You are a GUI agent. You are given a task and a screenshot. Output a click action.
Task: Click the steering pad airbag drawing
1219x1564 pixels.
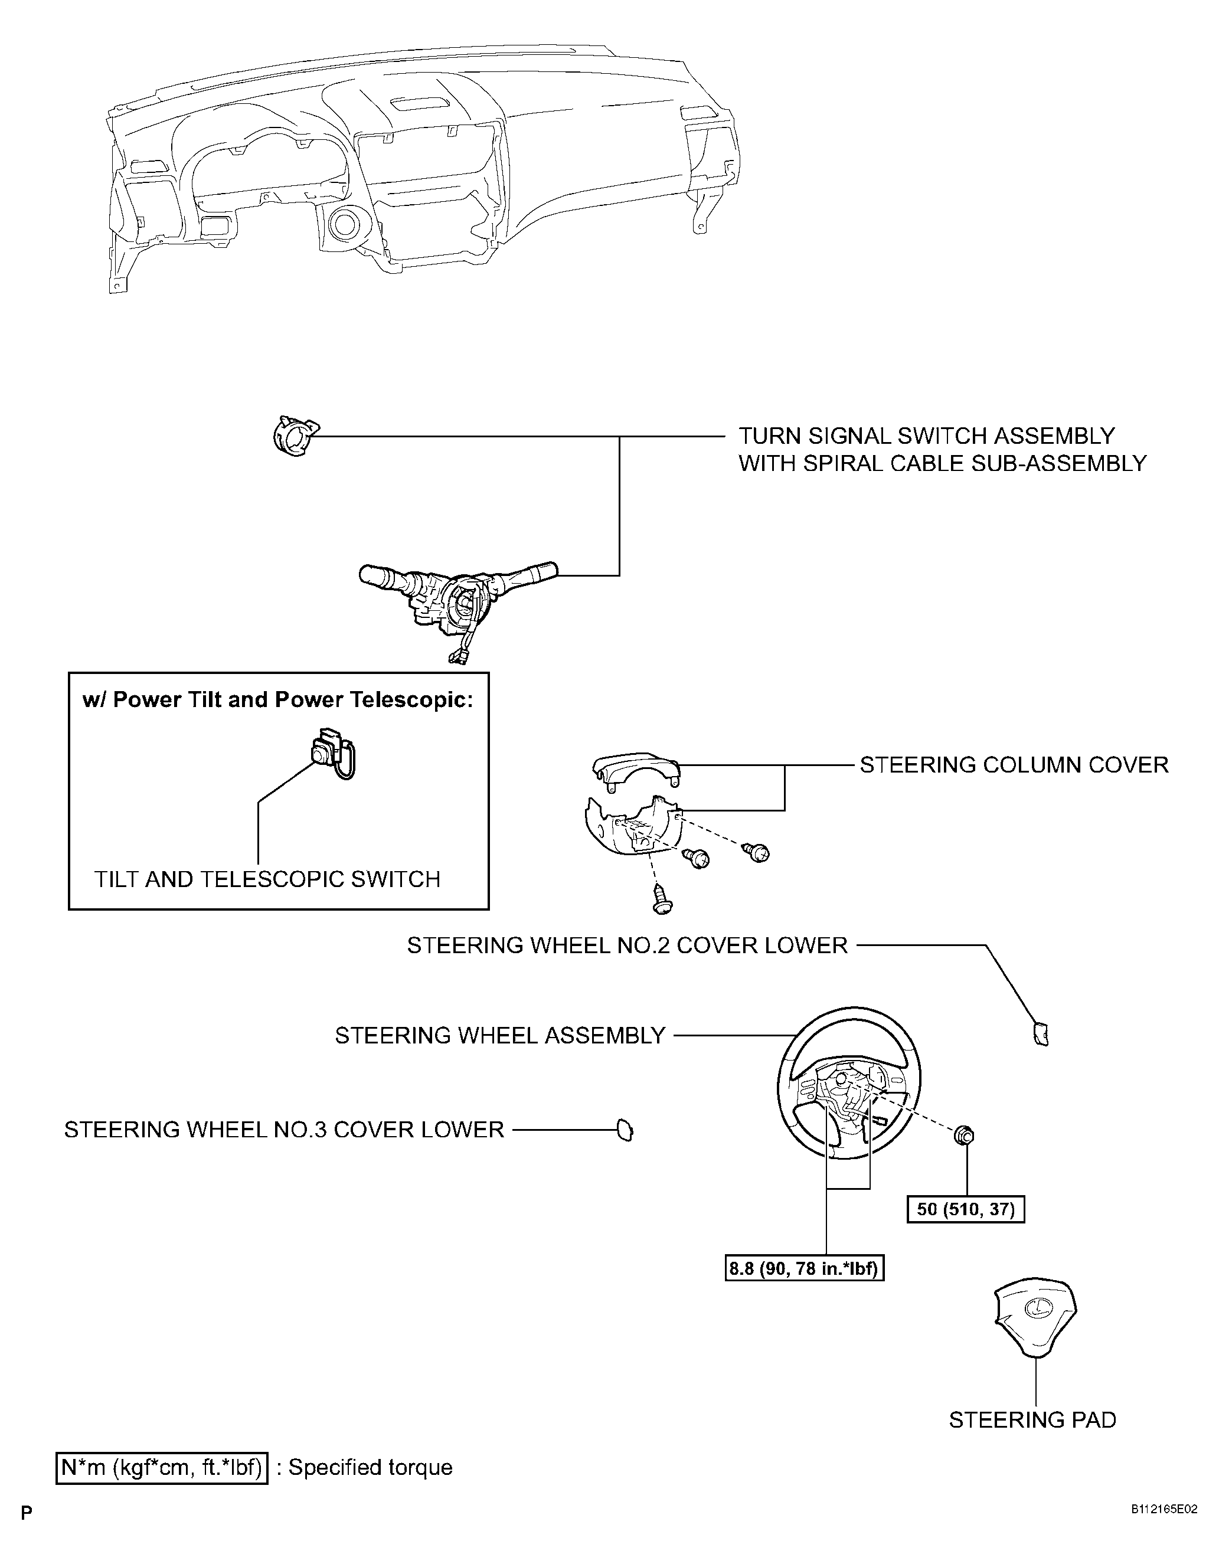1035,1316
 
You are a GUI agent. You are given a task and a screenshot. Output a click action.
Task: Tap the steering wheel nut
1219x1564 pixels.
964,1134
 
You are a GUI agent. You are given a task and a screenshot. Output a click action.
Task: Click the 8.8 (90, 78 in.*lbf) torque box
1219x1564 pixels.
805,1269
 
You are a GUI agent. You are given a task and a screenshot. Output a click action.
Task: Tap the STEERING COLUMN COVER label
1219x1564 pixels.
1014,765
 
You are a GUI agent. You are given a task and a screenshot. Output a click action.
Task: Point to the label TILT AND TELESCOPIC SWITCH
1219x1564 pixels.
267,879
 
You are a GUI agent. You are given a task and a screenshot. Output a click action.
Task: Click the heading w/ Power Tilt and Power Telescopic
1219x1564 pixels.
279,699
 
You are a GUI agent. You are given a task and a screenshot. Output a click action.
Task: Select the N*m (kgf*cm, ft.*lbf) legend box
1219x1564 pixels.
162,1467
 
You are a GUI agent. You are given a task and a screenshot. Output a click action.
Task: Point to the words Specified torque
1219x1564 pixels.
370,1467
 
